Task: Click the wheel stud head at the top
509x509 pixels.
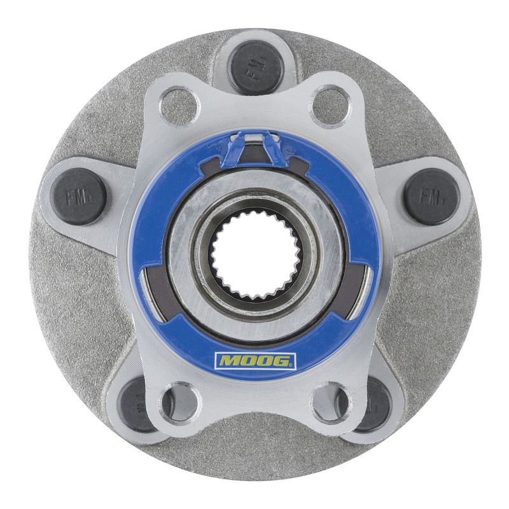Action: (x=256, y=67)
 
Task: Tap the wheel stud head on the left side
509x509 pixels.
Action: (x=79, y=197)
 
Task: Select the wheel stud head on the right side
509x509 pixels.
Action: (x=431, y=197)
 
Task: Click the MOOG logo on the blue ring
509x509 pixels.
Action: (x=255, y=361)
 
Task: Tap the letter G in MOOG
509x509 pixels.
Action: (x=282, y=361)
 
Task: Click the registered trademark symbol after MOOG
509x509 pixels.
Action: (x=292, y=365)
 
